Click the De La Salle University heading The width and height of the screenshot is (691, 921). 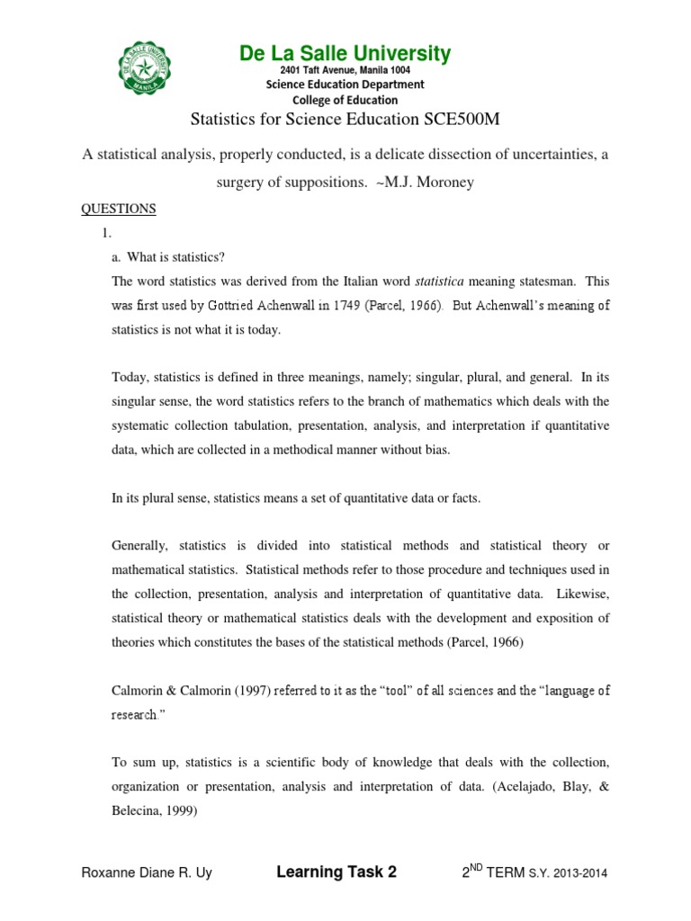pyautogui.click(x=345, y=54)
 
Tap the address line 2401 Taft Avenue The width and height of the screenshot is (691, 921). pyautogui.click(x=345, y=70)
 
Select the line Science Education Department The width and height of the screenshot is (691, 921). pyautogui.click(x=345, y=85)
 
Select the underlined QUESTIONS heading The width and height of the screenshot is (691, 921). pyautogui.click(x=119, y=209)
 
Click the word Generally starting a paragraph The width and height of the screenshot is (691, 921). pyautogui.click(x=140, y=546)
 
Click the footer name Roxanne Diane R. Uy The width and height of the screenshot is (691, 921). pyautogui.click(x=147, y=872)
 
